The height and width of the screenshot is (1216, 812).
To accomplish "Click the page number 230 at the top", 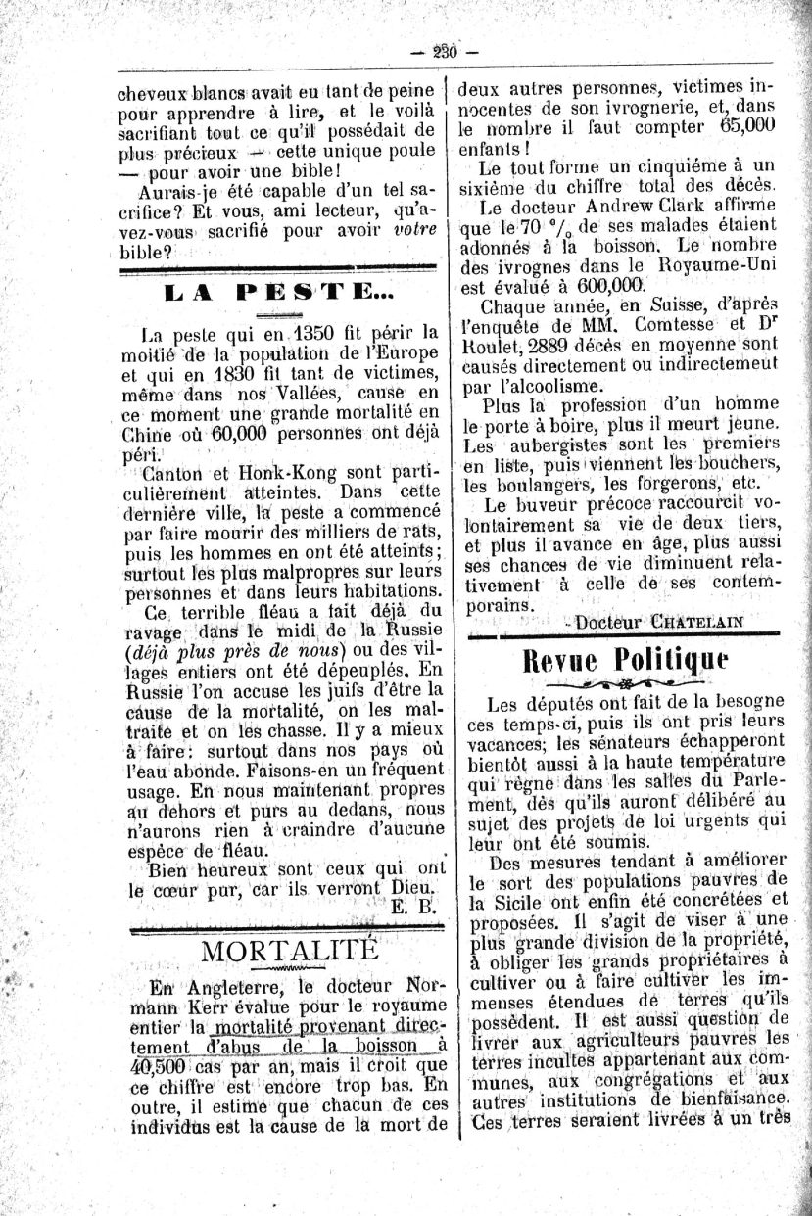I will point(446,52).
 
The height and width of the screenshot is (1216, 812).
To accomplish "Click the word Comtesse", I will point(668,324).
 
